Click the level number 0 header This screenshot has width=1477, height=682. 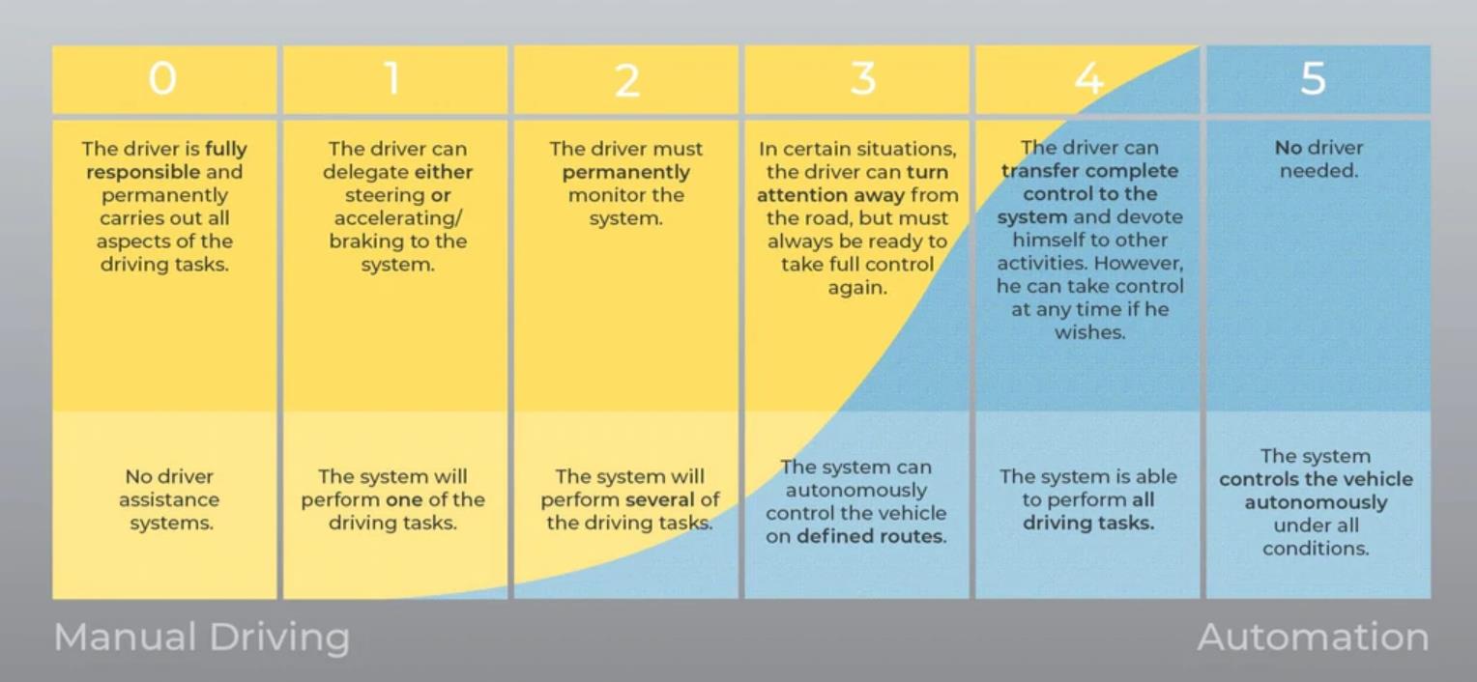coord(162,79)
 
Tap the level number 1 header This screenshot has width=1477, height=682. coord(392,79)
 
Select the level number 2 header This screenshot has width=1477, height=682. coord(627,80)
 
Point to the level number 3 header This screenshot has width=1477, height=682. coord(863,79)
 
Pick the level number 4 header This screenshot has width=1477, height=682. coord(1088,79)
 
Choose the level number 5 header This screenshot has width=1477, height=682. coord(1313,79)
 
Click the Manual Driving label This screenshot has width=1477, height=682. coord(202,638)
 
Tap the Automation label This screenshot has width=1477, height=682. coord(1313,638)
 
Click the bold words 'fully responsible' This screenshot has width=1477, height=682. coord(166,160)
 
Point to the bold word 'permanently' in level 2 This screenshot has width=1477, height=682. coord(625,173)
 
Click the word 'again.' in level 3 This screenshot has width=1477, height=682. coord(857,288)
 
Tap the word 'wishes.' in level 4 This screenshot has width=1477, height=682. coord(1090,332)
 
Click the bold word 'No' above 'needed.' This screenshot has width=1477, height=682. coord(1288,148)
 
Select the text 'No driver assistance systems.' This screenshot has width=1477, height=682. coord(169,499)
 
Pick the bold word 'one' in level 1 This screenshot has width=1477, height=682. coord(404,499)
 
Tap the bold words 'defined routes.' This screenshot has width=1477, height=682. coord(872,536)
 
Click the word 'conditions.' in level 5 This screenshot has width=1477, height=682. coord(1317,549)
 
